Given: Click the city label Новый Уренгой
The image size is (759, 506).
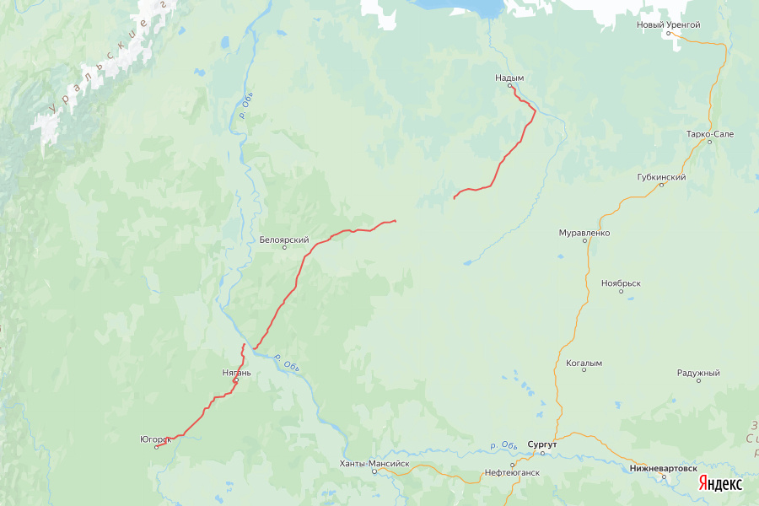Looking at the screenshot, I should click(x=668, y=24).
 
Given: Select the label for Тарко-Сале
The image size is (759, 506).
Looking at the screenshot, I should click(x=709, y=133).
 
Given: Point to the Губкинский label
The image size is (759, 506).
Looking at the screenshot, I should click(x=661, y=177).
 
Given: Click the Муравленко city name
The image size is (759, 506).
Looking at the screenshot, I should click(x=584, y=232).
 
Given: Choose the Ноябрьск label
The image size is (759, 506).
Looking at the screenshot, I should click(x=622, y=284).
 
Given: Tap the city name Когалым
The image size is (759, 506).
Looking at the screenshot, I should click(x=584, y=363).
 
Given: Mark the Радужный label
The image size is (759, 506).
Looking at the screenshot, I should click(x=698, y=373).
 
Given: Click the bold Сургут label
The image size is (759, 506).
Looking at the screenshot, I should click(x=542, y=443).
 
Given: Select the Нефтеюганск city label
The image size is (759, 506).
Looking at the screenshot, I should click(x=512, y=473).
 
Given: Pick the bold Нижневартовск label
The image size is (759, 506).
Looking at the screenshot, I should click(x=664, y=467).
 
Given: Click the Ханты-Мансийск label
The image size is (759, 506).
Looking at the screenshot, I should click(x=374, y=463).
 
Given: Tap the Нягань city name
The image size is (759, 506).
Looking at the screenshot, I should click(x=236, y=372).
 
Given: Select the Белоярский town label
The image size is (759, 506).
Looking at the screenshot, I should click(x=284, y=239).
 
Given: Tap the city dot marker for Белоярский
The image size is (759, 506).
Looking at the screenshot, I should click(x=284, y=247).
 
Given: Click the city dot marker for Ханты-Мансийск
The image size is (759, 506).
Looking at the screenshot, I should click(x=374, y=471).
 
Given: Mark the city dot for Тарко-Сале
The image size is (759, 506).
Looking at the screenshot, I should click(x=709, y=142).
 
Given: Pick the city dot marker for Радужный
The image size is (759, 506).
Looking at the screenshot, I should click(x=698, y=381).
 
